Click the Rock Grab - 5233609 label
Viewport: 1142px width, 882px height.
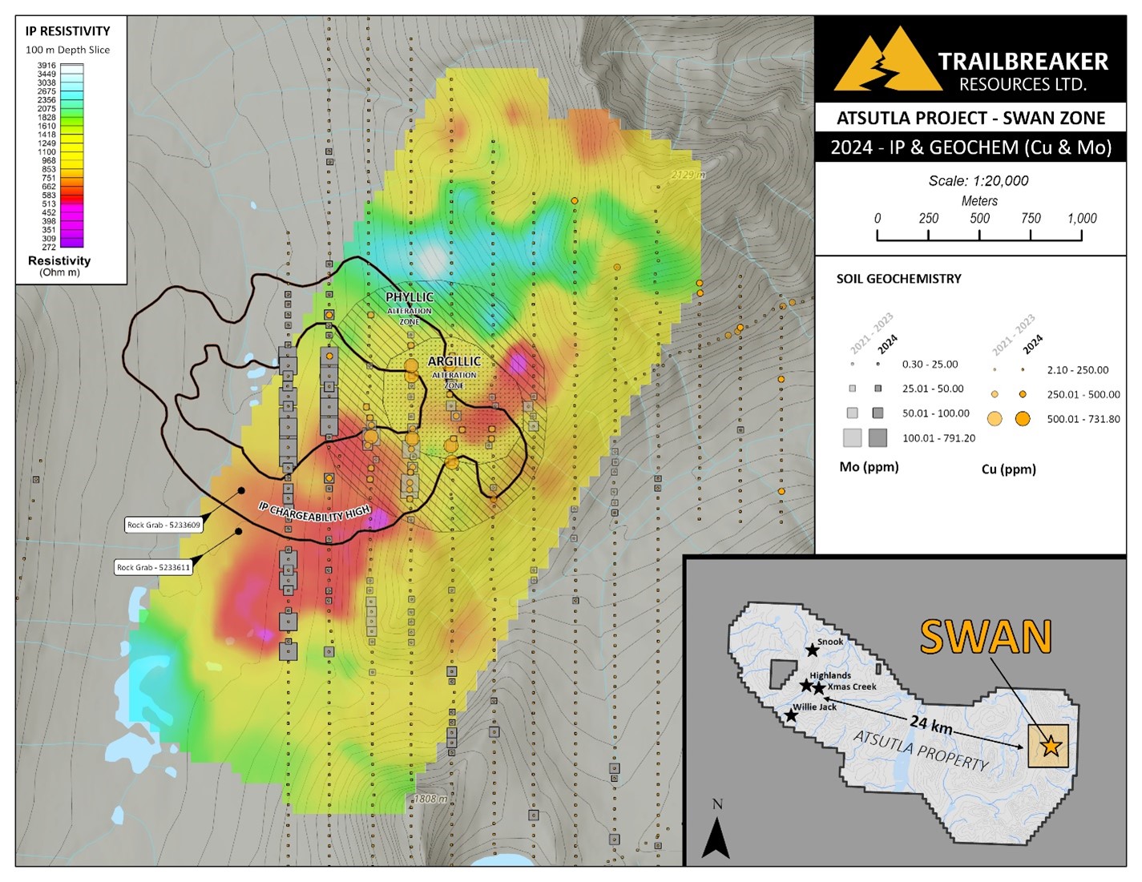tap(163, 526)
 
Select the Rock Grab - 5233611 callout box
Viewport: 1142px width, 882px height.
tap(153, 567)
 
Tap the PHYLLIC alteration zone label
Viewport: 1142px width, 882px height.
tap(410, 298)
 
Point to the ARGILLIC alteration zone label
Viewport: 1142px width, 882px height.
tap(454, 362)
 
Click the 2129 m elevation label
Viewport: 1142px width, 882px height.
tap(688, 175)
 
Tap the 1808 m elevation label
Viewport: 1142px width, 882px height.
tap(431, 799)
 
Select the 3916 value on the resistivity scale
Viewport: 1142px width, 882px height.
tap(46, 66)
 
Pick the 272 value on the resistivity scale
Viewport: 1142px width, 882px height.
tap(48, 248)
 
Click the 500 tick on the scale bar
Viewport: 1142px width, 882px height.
tap(979, 219)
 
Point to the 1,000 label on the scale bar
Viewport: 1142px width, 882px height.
tap(1081, 219)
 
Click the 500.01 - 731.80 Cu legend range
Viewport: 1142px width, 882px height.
tap(1083, 419)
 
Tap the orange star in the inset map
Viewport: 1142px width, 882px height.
tap(1051, 747)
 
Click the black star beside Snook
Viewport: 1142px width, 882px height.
tap(812, 650)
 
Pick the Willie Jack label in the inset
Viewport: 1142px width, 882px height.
tap(815, 707)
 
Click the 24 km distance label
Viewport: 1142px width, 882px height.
tap(930, 727)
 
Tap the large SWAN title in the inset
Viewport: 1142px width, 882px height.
tap(985, 638)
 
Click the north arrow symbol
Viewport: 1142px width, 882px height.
tap(716, 837)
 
